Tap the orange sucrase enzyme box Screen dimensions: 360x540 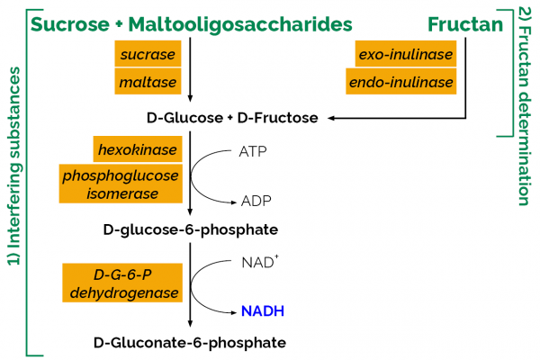tap(148, 55)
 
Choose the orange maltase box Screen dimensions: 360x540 tap(148, 83)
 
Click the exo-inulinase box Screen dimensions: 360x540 tap(404, 55)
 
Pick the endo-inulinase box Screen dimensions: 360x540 tap(404, 83)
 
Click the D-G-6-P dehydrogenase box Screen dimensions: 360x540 tap(122, 283)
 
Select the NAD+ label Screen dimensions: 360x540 tap(256, 264)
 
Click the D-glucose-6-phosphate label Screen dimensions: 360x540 tap(190, 229)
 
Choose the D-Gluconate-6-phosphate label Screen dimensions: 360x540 tap(190, 343)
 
